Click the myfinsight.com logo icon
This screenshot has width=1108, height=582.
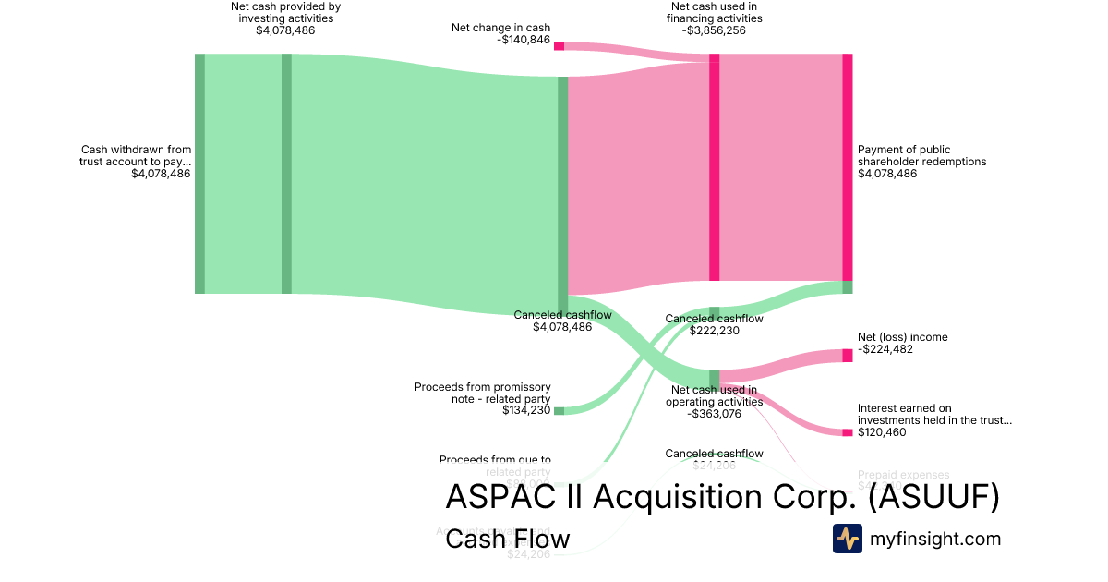click(x=847, y=539)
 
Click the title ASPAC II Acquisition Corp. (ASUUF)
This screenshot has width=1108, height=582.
click(x=722, y=497)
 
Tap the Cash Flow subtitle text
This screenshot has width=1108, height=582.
click(x=507, y=539)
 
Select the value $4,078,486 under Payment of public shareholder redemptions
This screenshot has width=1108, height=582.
click(x=887, y=174)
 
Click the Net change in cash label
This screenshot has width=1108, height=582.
click(x=500, y=28)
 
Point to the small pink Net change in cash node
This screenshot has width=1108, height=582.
click(x=559, y=45)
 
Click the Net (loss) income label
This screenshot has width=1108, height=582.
click(x=902, y=337)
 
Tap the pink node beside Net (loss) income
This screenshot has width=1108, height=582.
click(x=847, y=356)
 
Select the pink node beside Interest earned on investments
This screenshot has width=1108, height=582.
click(x=847, y=432)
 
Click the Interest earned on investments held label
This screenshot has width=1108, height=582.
click(x=934, y=414)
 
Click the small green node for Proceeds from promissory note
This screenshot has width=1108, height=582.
click(x=559, y=411)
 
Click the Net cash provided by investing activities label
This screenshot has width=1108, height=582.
click(x=285, y=12)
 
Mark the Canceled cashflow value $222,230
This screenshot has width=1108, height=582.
click(x=714, y=331)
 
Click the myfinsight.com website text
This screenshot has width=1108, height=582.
click(x=935, y=539)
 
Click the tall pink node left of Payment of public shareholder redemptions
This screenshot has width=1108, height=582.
click(x=847, y=166)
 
